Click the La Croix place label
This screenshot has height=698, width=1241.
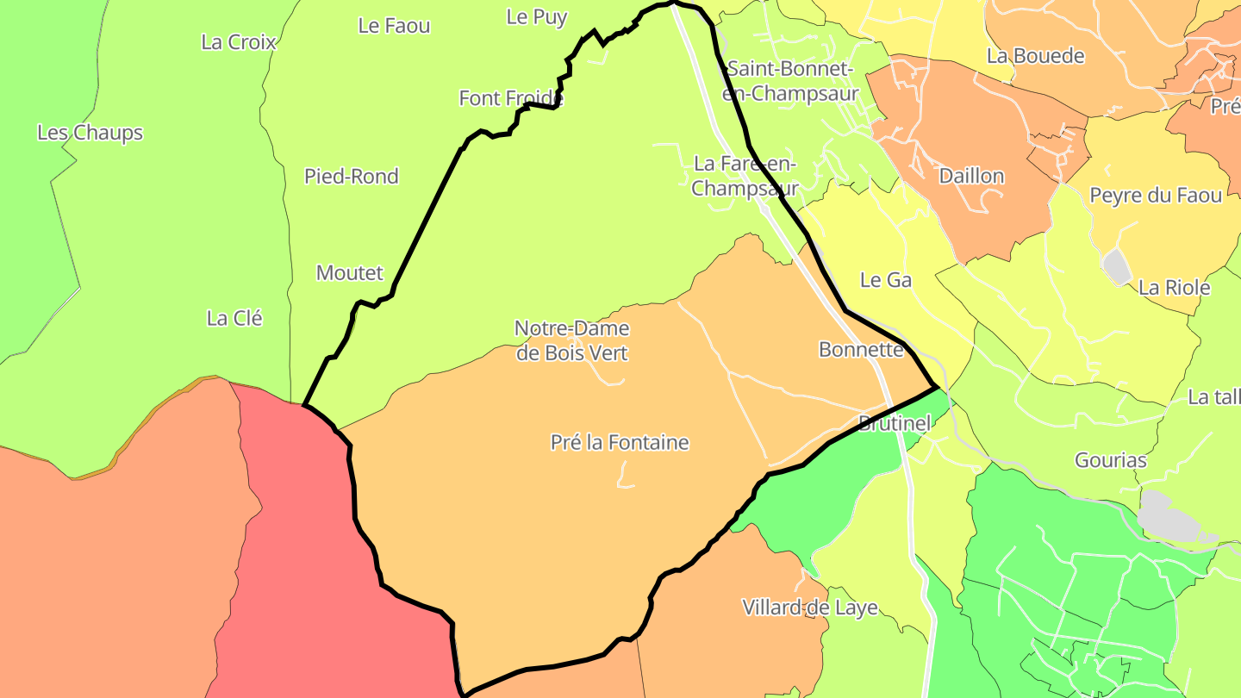pyautogui.click(x=239, y=42)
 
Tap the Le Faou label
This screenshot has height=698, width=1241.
pyautogui.click(x=394, y=26)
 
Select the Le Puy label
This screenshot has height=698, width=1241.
pyautogui.click(x=537, y=17)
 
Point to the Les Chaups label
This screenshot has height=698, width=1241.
pyautogui.click(x=90, y=133)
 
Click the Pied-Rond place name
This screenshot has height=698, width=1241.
pyautogui.click(x=352, y=177)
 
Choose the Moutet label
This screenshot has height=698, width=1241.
pyautogui.click(x=349, y=273)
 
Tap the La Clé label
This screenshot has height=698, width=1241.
pyautogui.click(x=234, y=318)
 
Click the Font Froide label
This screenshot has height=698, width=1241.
pyautogui.click(x=511, y=98)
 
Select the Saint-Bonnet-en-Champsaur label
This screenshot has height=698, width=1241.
pyautogui.click(x=790, y=81)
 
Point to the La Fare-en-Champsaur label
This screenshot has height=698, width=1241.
pyautogui.click(x=745, y=176)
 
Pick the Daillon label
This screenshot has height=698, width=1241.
pyautogui.click(x=971, y=176)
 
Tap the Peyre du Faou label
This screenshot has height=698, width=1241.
pyautogui.click(x=1156, y=196)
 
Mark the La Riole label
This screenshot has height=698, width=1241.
pyautogui.click(x=1174, y=288)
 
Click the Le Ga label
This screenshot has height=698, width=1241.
pyautogui.click(x=886, y=280)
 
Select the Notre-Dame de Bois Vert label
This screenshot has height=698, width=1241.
pyautogui.click(x=572, y=340)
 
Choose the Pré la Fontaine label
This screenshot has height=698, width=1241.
pyautogui.click(x=620, y=443)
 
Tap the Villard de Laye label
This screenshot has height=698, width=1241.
pyautogui.click(x=810, y=608)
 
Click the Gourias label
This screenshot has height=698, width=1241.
pyautogui.click(x=1111, y=460)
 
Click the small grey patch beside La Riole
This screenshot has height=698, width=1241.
pyautogui.click(x=1117, y=266)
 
